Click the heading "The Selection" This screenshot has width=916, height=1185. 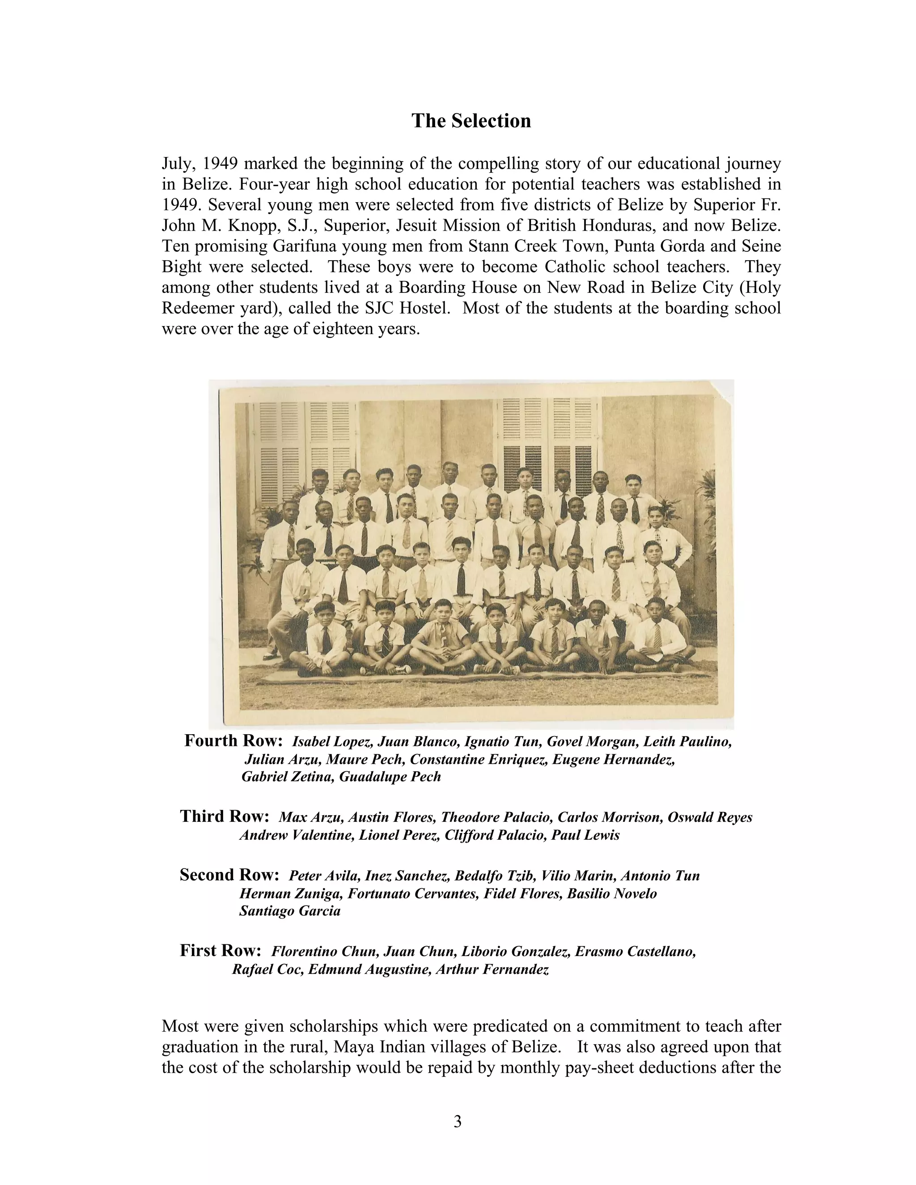[x=471, y=120]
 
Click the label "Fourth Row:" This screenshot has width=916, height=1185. [x=233, y=741]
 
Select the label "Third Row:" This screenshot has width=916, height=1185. [x=225, y=816]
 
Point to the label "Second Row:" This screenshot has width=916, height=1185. [x=229, y=875]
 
